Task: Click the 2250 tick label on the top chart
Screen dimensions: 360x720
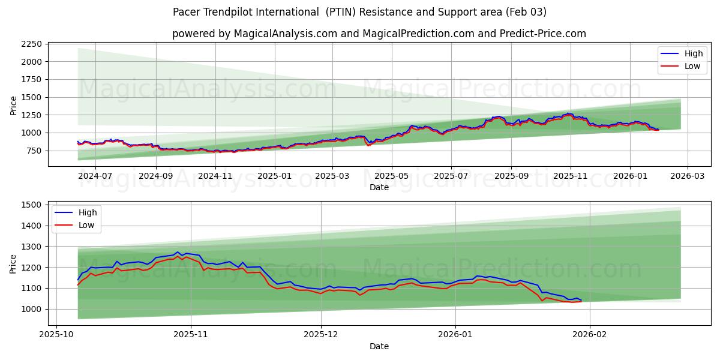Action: (x=31, y=44)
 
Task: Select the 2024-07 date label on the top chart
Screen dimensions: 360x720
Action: (x=96, y=176)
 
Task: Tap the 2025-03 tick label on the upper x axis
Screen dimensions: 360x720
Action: (x=332, y=176)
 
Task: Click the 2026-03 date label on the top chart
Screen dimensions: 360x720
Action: (x=687, y=176)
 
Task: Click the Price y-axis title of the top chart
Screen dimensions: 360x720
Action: (x=13, y=104)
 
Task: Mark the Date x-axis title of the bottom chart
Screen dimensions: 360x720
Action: (x=379, y=346)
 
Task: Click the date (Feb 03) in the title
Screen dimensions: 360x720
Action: (x=526, y=12)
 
